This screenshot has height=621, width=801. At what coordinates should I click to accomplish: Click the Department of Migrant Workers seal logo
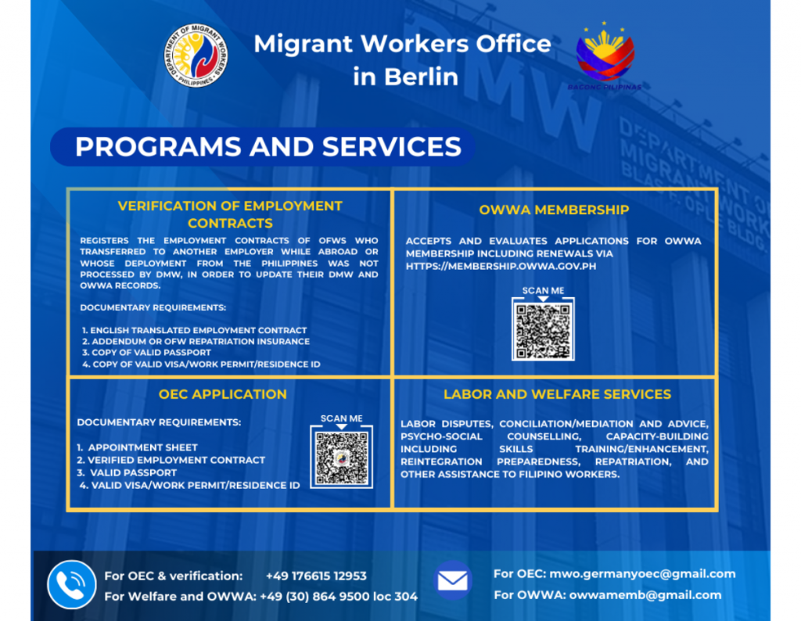click(196, 56)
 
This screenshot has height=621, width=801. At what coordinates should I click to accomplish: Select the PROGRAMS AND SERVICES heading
click(268, 147)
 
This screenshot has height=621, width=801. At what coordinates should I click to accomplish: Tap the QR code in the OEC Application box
click(341, 457)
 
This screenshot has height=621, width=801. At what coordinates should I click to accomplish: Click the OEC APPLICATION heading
click(222, 394)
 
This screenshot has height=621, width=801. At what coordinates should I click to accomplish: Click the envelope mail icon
click(453, 580)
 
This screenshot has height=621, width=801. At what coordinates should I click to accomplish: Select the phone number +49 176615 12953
click(316, 576)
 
